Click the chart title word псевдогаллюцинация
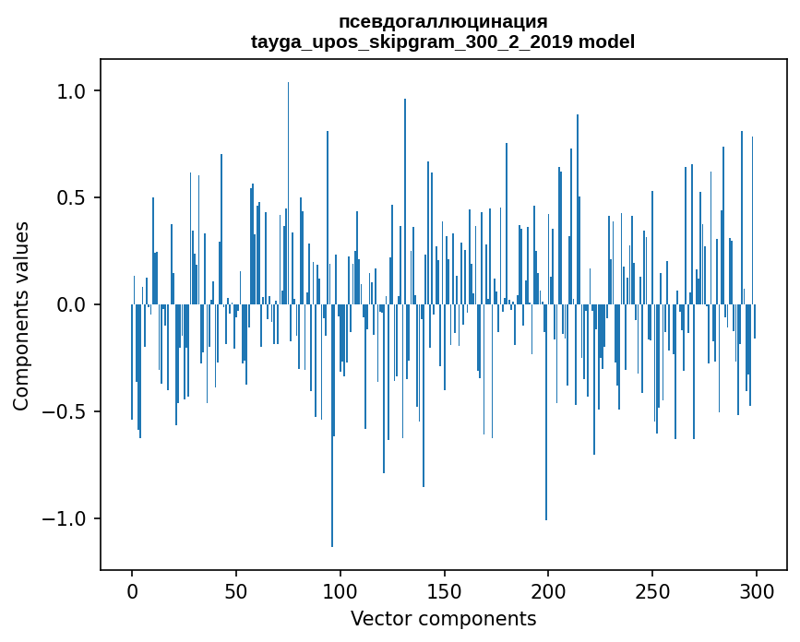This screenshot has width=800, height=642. [443, 21]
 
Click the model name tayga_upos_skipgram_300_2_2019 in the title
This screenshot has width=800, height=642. [411, 42]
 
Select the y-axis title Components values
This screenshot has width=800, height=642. [21, 315]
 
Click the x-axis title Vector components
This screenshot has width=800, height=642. [443, 618]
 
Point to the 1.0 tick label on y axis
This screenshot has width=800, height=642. [73, 91]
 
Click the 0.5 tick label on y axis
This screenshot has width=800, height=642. [73, 198]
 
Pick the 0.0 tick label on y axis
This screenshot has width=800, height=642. [73, 304]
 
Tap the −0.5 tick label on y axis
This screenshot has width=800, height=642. [66, 411]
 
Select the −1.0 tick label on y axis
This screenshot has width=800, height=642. [66, 518]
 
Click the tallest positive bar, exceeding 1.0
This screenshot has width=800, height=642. [288, 184]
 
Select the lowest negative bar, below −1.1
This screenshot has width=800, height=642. [332, 434]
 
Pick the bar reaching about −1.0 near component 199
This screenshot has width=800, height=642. [546, 415]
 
